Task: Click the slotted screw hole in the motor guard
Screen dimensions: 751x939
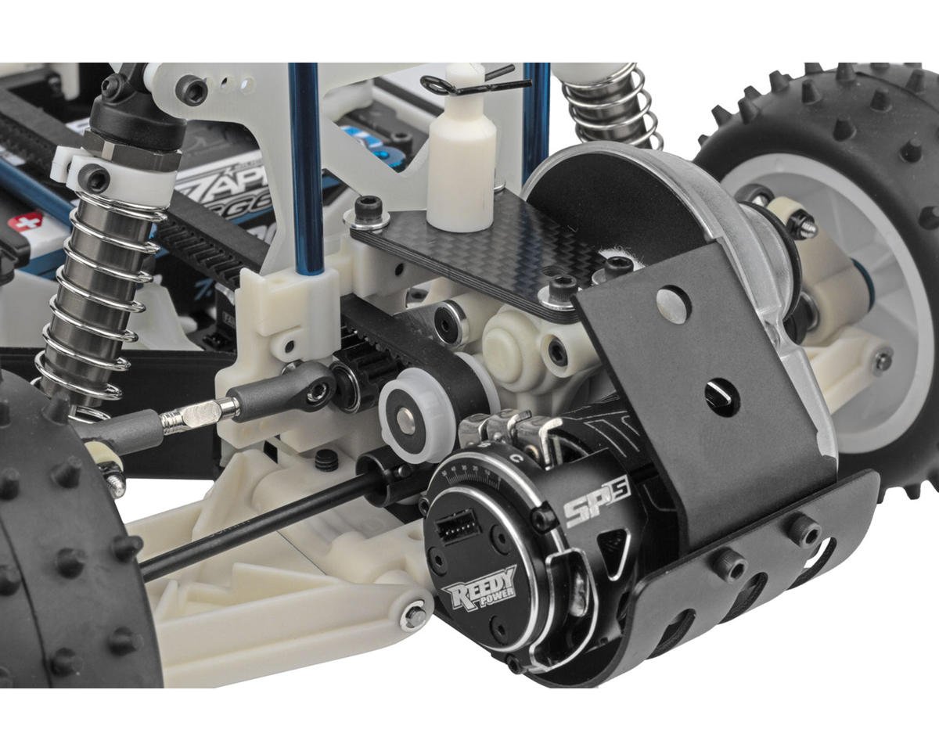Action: click(x=722, y=389)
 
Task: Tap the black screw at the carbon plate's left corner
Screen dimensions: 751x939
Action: click(x=368, y=207)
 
